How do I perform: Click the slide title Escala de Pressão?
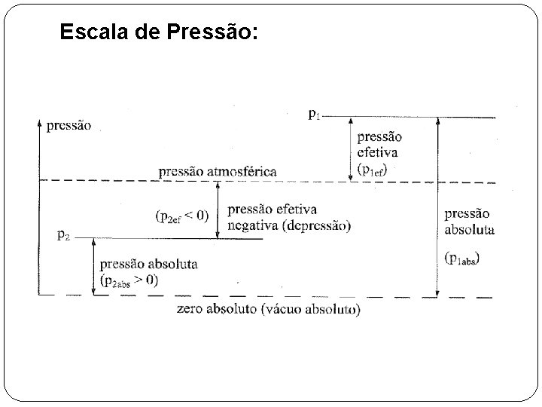pyautogui.click(x=158, y=32)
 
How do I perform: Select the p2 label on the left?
pyautogui.click(x=65, y=235)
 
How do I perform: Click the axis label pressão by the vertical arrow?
pyautogui.click(x=69, y=127)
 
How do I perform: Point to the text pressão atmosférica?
pyautogui.click(x=217, y=172)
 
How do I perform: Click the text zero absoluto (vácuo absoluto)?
pyautogui.click(x=268, y=310)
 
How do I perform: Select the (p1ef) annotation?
pyautogui.click(x=376, y=170)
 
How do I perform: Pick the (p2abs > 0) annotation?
pyautogui.click(x=129, y=280)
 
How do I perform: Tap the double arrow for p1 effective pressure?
pyautogui.click(x=350, y=149)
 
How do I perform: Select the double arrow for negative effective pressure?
pyautogui.click(x=218, y=210)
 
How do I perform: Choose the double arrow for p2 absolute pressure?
pyautogui.click(x=93, y=266)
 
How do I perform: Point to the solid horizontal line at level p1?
pyautogui.click(x=414, y=117)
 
